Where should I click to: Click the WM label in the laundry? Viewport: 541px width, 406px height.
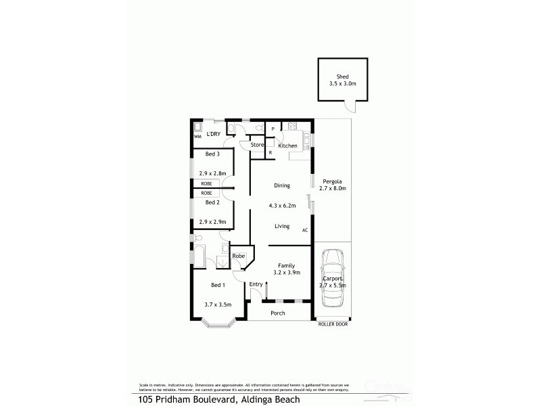tap(197, 137)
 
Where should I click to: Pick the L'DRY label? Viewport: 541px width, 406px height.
tap(214, 135)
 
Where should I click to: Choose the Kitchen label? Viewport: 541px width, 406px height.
tap(287, 145)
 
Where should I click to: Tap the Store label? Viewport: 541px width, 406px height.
tap(257, 145)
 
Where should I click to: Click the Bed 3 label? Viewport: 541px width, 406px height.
tap(212, 154)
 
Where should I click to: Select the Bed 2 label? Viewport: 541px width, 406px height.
tap(212, 202)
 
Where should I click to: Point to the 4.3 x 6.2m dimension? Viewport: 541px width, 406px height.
tap(282, 205)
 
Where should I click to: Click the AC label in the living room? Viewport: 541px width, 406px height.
tap(305, 230)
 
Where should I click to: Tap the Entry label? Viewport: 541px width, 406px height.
tap(256, 284)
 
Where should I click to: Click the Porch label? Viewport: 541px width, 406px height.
tap(277, 313)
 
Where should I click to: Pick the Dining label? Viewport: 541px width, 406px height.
tap(282, 185)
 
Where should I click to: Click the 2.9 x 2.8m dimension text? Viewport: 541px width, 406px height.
tap(212, 173)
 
